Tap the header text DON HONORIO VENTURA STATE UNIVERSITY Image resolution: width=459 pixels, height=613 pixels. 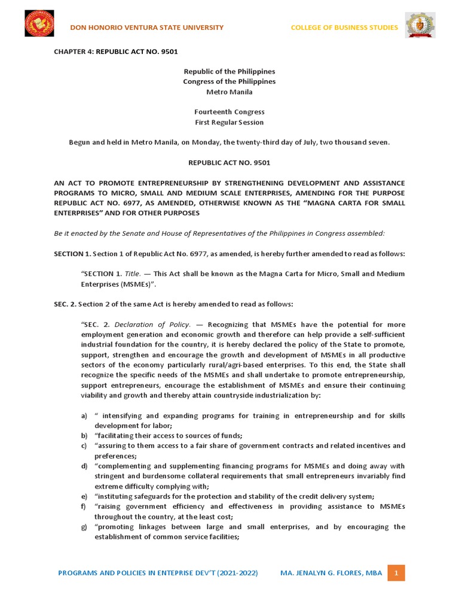pos(147,28)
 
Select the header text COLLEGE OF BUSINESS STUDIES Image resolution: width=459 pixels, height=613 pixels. pos(344,28)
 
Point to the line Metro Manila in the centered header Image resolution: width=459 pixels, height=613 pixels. pos(229,92)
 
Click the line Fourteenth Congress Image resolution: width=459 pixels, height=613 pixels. pos(229,112)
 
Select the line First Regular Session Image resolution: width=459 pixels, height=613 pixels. pos(229,122)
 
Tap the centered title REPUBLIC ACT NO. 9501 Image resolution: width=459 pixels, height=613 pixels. pos(229,162)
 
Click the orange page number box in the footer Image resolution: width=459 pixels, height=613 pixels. pos(395,573)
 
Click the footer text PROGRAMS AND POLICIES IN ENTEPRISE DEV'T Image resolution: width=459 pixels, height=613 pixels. pos(158,573)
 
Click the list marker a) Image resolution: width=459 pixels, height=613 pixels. pos(84,415)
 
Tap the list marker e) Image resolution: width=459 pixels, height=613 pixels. pos(84,496)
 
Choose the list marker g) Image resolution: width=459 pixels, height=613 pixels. pos(84,527)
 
